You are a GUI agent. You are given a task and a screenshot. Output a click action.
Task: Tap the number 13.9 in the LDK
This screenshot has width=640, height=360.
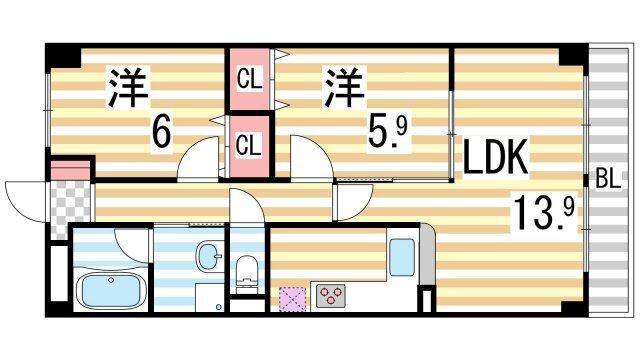tap(544, 211)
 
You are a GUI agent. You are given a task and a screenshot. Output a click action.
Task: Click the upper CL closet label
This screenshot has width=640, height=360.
tap(250, 77)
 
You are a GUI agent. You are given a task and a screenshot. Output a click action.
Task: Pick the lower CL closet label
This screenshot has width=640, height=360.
tap(250, 143)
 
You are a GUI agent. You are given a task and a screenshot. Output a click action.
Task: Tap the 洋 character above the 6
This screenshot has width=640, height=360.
tap(127, 86)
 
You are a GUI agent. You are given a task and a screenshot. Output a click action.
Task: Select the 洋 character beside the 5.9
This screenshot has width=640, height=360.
tap(340, 86)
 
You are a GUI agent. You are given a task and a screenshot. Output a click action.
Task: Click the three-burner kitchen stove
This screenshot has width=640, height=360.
tap(330, 295)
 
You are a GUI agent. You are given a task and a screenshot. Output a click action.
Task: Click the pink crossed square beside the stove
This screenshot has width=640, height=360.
tap(293, 297)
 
